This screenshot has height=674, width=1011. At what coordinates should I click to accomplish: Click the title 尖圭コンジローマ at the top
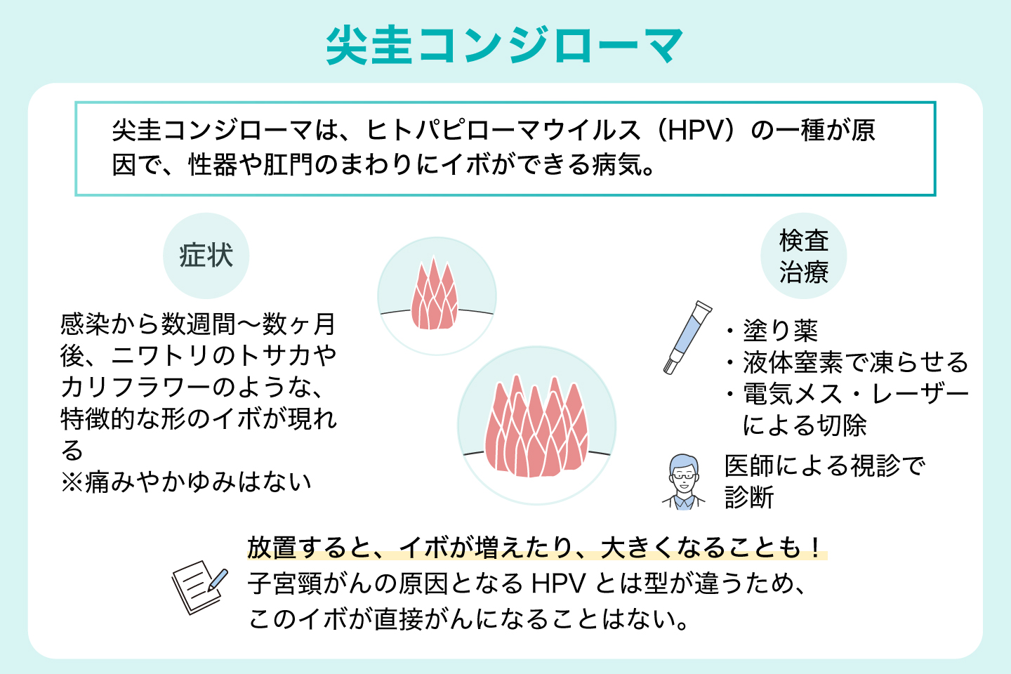point(505,46)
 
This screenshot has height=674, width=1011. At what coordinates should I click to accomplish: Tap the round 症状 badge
point(206,256)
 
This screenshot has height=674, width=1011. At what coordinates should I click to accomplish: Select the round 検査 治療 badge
point(804,256)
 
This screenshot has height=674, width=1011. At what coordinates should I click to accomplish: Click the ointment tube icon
point(687,337)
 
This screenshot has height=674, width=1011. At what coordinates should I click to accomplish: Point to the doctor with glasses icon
point(683,482)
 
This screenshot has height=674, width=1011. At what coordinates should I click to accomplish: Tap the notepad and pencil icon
point(199,586)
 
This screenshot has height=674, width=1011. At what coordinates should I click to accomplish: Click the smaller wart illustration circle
point(437,296)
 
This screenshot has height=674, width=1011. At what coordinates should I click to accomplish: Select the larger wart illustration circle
point(537,425)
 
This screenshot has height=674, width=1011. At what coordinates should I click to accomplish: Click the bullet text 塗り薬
point(780,330)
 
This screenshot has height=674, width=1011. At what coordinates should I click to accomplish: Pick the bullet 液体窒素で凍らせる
point(855,362)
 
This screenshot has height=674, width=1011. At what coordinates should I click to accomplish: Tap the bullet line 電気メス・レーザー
point(855,394)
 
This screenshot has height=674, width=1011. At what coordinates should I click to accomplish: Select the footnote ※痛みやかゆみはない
point(186,482)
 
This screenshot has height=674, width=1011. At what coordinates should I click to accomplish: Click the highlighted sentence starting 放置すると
point(536,548)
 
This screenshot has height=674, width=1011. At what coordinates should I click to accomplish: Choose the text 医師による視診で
point(825,465)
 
